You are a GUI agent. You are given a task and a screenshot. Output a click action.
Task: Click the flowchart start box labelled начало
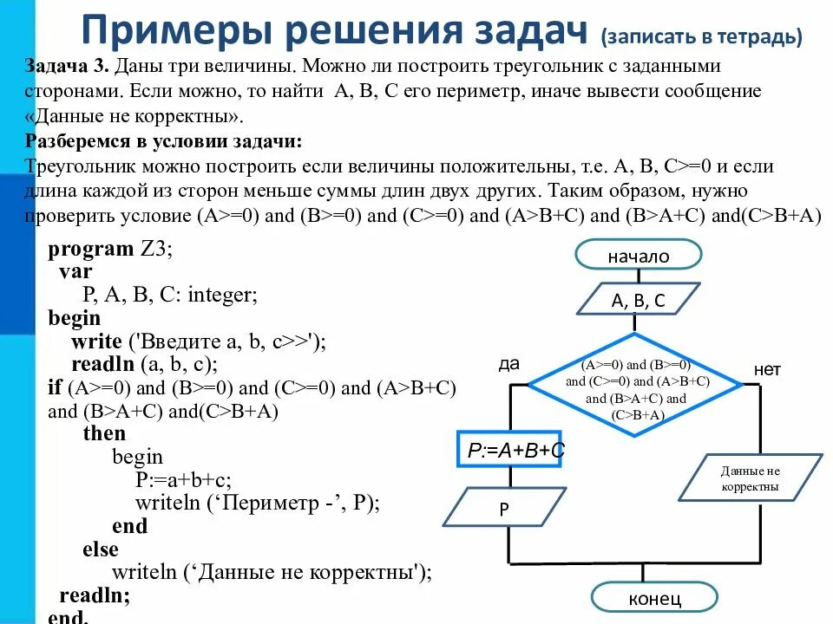pos(638,256)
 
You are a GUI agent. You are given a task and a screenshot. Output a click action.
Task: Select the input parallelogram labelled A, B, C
pos(638,301)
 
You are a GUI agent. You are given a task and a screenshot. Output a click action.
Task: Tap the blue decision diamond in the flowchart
pos(636,382)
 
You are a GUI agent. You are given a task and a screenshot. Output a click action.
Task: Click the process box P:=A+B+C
pos(510,451)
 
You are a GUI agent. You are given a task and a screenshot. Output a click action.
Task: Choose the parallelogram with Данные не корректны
pos(750,478)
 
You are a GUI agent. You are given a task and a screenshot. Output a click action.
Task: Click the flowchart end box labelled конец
pos(654,598)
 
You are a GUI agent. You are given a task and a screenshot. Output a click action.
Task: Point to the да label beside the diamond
pos(508,364)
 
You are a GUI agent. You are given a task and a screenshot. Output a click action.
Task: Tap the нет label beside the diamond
pos(767,370)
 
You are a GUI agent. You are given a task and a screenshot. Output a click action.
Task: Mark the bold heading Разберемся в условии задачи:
pos(164,141)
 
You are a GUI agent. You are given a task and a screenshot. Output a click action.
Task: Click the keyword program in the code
pos(90,250)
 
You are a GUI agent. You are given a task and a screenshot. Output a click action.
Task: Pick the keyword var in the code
pos(75,272)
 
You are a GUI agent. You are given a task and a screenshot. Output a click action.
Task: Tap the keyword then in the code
pos(104,433)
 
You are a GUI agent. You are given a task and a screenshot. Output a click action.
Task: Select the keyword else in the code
pos(101,549)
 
